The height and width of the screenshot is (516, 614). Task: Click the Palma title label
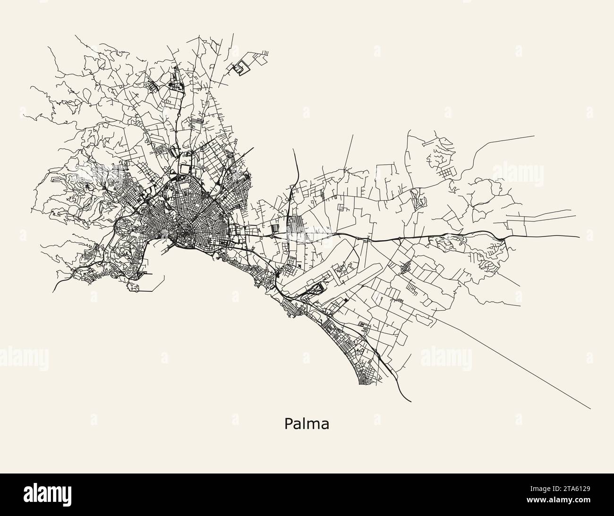[x=307, y=424]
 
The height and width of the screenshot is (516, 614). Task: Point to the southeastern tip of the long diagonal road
[x=590, y=408]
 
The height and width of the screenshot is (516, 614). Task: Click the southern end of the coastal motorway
[x=410, y=401]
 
